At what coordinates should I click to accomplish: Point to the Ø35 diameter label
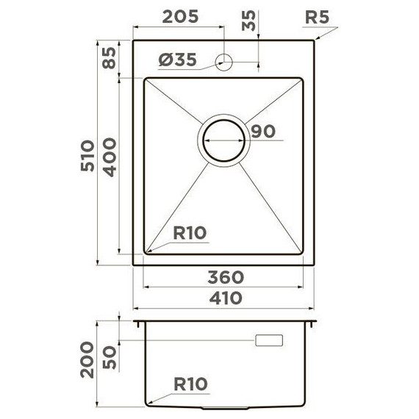[x=177, y=62]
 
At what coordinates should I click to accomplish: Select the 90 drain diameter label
[x=262, y=132]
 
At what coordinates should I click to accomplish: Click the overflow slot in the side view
[x=268, y=340]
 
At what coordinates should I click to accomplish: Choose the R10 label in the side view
[x=190, y=384]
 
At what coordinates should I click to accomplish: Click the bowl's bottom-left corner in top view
[x=146, y=254]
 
